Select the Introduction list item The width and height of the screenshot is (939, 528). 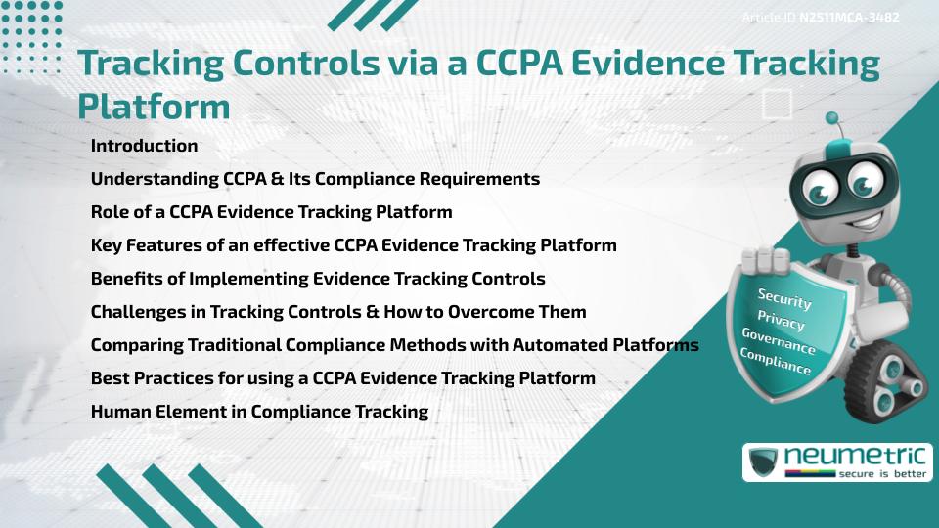(144, 146)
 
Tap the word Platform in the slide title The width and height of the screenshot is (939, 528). (154, 106)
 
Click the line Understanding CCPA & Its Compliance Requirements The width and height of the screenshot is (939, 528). (315, 179)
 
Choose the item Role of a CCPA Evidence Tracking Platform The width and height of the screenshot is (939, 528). (271, 212)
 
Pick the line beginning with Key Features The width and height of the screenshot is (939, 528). (353, 245)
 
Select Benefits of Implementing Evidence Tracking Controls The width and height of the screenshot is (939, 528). (318, 279)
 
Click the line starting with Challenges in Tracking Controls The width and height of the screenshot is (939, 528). (338, 312)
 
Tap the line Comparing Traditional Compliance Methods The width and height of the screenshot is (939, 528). (394, 345)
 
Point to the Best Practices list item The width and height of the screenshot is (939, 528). (342, 378)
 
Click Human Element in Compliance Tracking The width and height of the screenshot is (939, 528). (259, 412)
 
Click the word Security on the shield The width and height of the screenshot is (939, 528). (784, 298)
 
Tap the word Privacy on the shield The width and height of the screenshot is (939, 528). (781, 321)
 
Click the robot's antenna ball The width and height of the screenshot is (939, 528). (832, 119)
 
